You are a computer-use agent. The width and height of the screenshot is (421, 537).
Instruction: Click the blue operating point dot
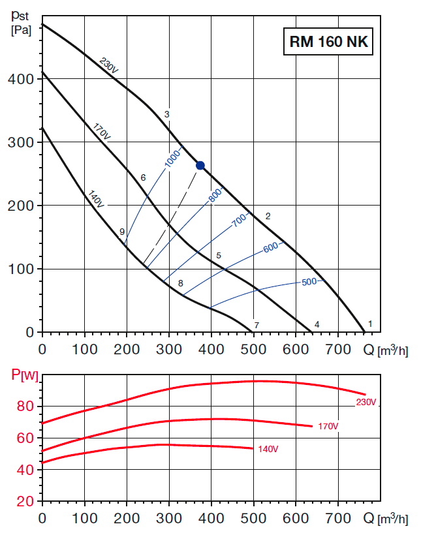[x=200, y=165]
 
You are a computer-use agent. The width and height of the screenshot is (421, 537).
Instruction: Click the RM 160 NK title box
[x=328, y=42]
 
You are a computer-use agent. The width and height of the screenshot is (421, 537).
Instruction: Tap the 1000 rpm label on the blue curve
[x=172, y=160]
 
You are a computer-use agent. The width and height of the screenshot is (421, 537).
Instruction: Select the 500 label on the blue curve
[x=309, y=282]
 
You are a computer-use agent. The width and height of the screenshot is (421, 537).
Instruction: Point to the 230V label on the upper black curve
[x=109, y=66]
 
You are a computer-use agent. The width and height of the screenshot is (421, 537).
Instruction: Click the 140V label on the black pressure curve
[x=95, y=198]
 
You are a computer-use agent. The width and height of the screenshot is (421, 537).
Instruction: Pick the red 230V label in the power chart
[x=366, y=402]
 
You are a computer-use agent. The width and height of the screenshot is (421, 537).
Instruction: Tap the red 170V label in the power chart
[x=328, y=426]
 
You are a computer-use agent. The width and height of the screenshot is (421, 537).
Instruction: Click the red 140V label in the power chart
[x=268, y=448]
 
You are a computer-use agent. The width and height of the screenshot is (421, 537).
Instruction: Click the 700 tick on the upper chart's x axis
[x=338, y=349]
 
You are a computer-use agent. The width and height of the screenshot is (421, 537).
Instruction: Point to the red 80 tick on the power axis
[x=25, y=407]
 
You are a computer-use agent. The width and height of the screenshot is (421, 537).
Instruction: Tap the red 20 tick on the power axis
[x=25, y=501]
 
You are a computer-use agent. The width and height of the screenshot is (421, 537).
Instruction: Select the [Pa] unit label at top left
[x=22, y=30]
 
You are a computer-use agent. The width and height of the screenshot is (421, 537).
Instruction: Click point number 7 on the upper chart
[x=257, y=325]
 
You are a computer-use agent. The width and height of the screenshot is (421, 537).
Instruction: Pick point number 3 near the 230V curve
[x=167, y=115]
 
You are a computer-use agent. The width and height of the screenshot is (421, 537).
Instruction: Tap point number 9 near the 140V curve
[x=122, y=231]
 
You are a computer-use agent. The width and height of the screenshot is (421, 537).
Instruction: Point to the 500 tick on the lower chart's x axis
[x=253, y=518]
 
